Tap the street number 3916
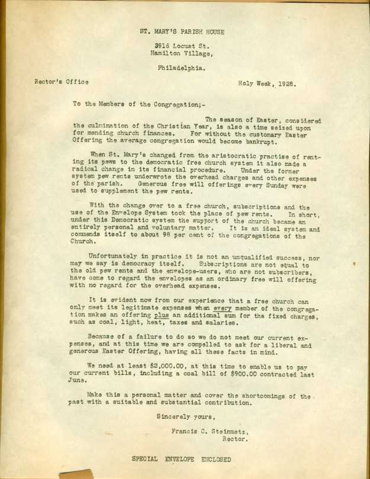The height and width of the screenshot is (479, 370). (161, 46)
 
